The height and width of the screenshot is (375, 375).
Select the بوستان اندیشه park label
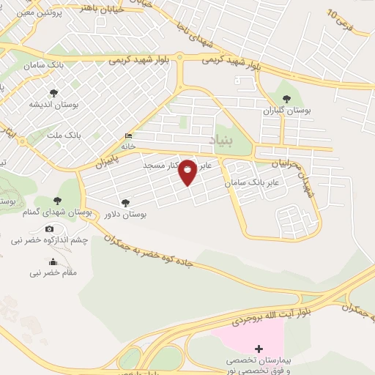click(x=53, y=105)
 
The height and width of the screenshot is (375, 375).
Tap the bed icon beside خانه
click(x=130, y=135)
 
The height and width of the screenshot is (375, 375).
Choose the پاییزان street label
click(x=106, y=158)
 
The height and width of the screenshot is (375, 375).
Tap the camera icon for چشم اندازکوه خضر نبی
click(x=50, y=229)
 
